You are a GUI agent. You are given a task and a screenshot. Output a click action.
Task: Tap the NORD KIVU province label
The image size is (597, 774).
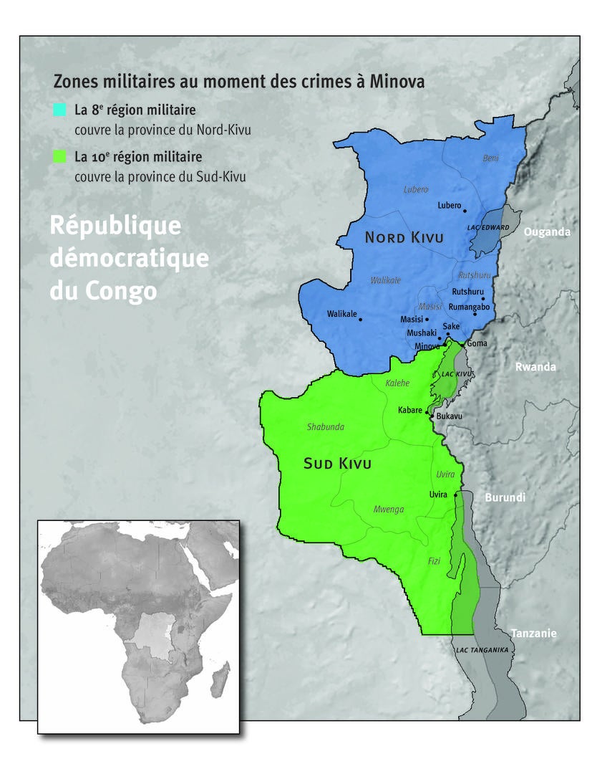point(404,238)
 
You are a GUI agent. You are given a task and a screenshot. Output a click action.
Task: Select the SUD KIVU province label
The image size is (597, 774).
point(337,464)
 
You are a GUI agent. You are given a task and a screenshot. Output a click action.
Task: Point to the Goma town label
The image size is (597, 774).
point(477,344)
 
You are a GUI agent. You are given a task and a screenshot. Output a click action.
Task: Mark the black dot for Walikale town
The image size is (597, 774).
point(360,320)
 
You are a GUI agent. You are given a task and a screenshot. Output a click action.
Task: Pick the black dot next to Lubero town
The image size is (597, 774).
point(465,211)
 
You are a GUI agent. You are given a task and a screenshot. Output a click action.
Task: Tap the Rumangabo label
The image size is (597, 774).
point(469,307)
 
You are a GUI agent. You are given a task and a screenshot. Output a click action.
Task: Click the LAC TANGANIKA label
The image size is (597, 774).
point(482,650)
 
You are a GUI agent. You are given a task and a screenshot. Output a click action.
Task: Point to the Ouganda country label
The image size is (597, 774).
point(547,232)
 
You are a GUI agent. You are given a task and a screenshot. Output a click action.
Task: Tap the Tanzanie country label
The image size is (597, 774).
point(533,634)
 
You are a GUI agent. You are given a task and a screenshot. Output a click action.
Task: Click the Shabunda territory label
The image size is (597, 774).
point(326,427)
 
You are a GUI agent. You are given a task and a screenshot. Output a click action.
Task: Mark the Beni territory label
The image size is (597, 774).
point(490,158)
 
